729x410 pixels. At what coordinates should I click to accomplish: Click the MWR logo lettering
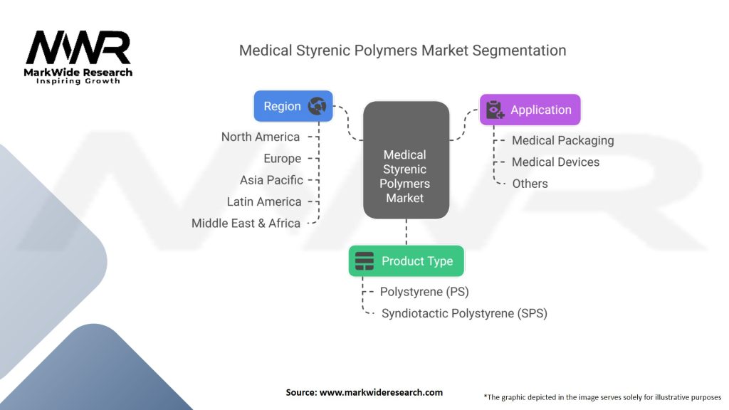pos(78,48)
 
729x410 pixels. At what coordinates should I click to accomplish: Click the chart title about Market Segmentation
pos(403,51)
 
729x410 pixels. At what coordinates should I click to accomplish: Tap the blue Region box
pos(293,107)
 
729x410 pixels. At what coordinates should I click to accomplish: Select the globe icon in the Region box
pos(317,106)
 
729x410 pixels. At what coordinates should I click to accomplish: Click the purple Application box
pos(530,110)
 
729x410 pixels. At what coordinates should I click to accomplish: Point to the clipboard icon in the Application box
pos(495,110)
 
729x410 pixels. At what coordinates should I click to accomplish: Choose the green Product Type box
pos(407,261)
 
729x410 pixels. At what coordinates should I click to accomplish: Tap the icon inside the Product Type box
pos(364,261)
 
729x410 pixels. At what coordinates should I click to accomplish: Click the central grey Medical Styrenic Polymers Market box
pos(407,160)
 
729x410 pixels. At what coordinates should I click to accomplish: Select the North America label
pos(261,137)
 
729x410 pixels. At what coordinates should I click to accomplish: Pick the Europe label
pos(282,159)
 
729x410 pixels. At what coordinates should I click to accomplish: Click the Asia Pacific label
pos(271,180)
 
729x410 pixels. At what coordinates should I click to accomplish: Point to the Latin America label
pos(264,201)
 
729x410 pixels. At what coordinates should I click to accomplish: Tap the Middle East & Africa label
pos(246,224)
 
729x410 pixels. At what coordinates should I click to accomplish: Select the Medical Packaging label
pos(563,141)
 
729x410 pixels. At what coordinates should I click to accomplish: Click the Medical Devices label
pos(555,162)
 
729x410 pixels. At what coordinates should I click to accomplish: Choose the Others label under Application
pos(530,184)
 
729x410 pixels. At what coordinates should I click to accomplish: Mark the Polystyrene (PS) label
pos(424,292)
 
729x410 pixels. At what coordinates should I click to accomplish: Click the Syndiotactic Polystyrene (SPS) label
pos(464,314)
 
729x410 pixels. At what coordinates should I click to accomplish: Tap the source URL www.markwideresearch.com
pos(382,392)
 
